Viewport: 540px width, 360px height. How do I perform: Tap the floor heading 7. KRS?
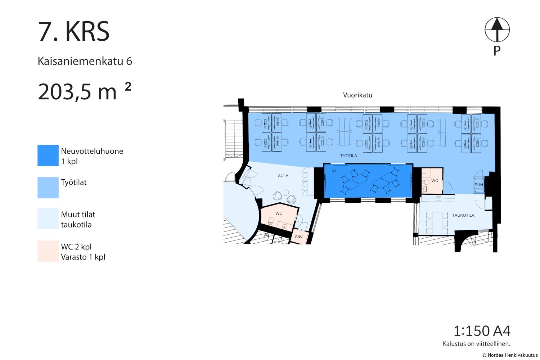click(74, 32)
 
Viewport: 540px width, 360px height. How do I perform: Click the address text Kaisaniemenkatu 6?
click(85, 61)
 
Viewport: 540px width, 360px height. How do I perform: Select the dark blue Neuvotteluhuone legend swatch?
click(48, 155)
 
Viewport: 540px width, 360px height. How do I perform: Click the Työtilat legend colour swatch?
click(48, 188)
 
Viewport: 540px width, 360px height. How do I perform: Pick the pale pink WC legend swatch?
click(48, 251)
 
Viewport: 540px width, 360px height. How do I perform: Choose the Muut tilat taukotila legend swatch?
click(48, 218)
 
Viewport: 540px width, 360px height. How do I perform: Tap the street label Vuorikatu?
click(357, 95)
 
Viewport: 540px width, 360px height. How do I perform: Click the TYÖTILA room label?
click(348, 156)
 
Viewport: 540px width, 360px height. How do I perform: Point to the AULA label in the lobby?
click(283, 176)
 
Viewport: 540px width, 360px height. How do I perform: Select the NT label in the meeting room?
click(334, 171)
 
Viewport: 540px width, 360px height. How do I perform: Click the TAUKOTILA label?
click(463, 215)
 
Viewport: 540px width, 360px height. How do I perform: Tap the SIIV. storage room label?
click(299, 237)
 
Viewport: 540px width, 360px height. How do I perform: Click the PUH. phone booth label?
click(479, 185)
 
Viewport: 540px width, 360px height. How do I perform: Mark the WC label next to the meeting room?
click(435, 181)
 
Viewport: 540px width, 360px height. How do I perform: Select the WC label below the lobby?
click(279, 213)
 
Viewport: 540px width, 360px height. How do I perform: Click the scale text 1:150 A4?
click(482, 331)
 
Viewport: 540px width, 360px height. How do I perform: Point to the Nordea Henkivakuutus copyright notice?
click(510, 355)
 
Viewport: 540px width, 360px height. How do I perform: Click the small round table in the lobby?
click(286, 192)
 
